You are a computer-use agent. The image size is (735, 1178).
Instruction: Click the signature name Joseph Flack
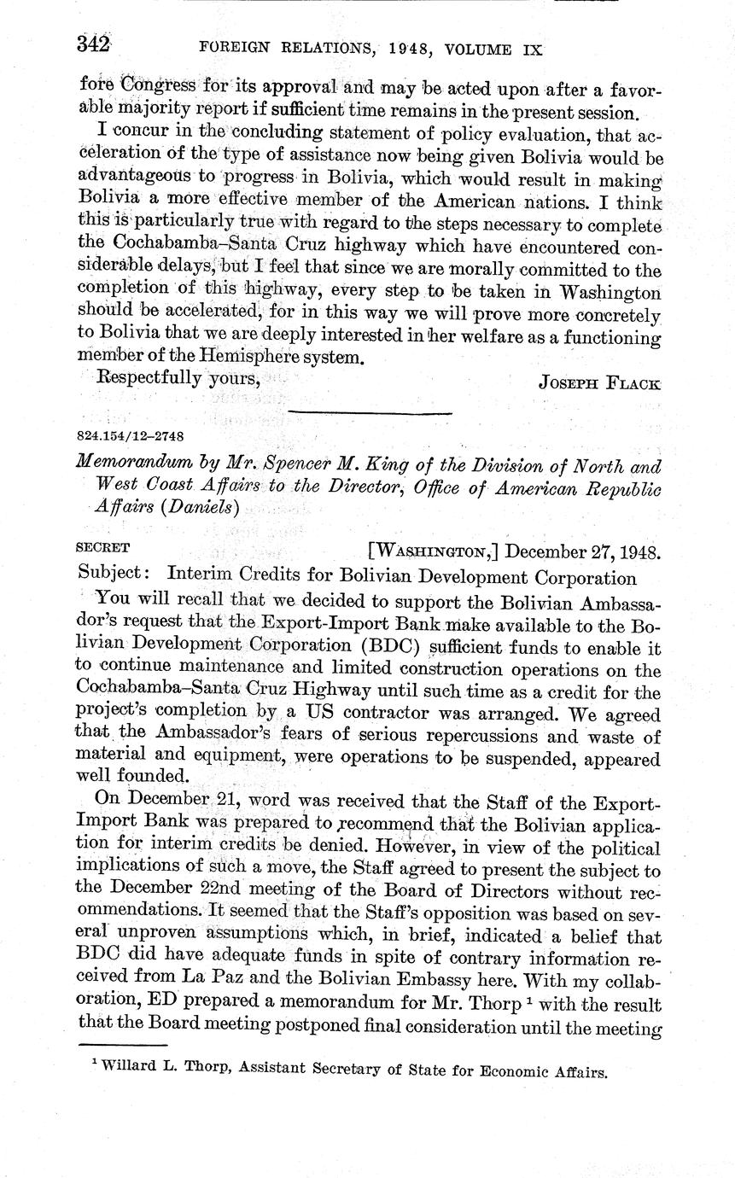(x=599, y=382)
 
